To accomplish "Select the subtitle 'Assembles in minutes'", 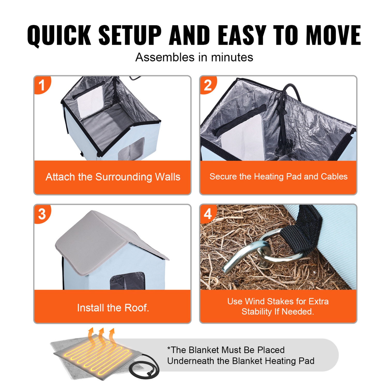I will [x=194, y=57].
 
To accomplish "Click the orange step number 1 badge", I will [x=42, y=85].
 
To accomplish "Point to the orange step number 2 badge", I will [x=208, y=85].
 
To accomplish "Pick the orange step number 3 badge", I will [x=42, y=214].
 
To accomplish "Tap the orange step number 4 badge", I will [x=208, y=214].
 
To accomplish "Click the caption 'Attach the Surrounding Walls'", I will [x=113, y=177].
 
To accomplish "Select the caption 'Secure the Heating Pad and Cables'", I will [x=278, y=176].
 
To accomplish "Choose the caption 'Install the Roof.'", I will [x=113, y=308].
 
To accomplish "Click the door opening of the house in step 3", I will [x=127, y=281].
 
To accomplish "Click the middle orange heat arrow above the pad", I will [x=101, y=335].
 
